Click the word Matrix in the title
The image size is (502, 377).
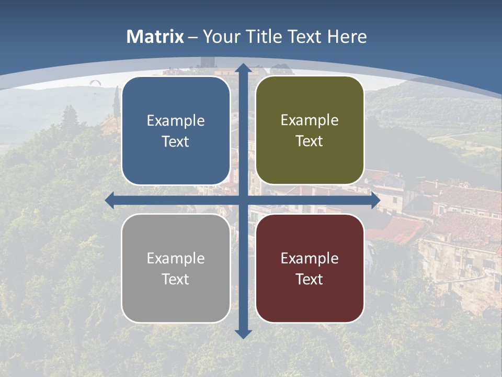point(155,37)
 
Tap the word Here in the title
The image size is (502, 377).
point(347,37)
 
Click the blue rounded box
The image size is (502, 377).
point(176,130)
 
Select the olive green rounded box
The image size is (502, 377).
point(310,130)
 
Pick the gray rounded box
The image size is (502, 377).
point(176,268)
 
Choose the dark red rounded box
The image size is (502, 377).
point(310,268)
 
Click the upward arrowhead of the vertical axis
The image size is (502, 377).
point(243,67)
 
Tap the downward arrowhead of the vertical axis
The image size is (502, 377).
point(243,334)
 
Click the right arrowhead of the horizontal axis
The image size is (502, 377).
point(375,201)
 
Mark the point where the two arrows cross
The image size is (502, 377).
point(243,201)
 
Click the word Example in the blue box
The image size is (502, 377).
point(176,120)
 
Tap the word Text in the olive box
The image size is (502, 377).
point(310,141)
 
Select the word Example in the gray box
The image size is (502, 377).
point(176,258)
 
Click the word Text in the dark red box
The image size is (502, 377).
point(310,279)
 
